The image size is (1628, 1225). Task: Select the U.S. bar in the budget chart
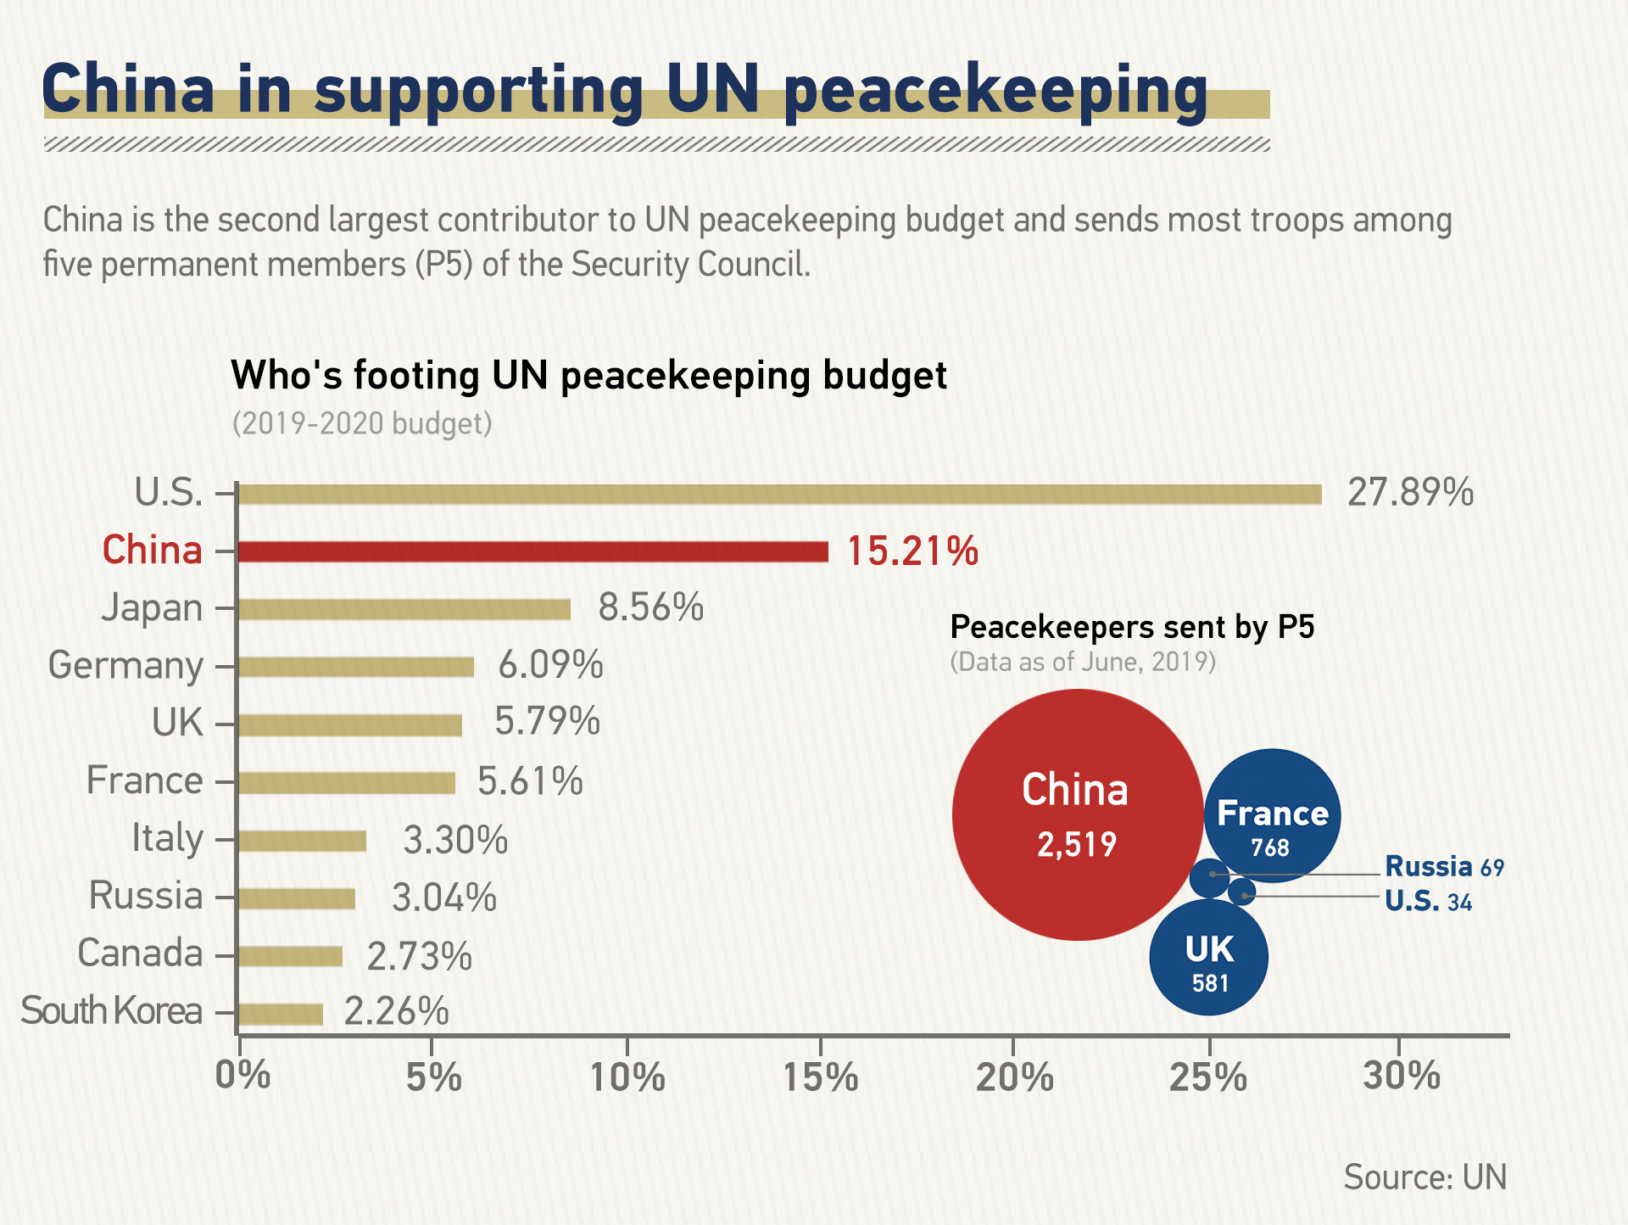tap(780, 495)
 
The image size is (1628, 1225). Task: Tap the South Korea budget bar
tap(281, 1014)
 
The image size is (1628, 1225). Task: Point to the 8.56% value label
tap(650, 608)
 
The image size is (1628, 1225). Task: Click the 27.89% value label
tap(1410, 493)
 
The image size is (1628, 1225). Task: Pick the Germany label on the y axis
tap(125, 666)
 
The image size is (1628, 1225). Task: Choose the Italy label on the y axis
tap(167, 839)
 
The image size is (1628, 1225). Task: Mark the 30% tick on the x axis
tap(1401, 1076)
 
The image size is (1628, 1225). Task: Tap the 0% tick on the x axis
tap(243, 1076)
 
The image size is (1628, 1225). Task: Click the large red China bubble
tap(1077, 814)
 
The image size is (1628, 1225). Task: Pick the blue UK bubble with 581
tap(1209, 959)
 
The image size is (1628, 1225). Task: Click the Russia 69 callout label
tap(1444, 867)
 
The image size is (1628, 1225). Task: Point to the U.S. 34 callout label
tap(1428, 901)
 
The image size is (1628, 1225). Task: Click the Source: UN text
tap(1424, 1177)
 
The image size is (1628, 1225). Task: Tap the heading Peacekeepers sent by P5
tap(1132, 627)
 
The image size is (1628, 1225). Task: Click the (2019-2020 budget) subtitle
tap(362, 423)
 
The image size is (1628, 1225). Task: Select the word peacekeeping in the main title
tap(995, 92)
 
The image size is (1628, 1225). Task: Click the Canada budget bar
tap(290, 956)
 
